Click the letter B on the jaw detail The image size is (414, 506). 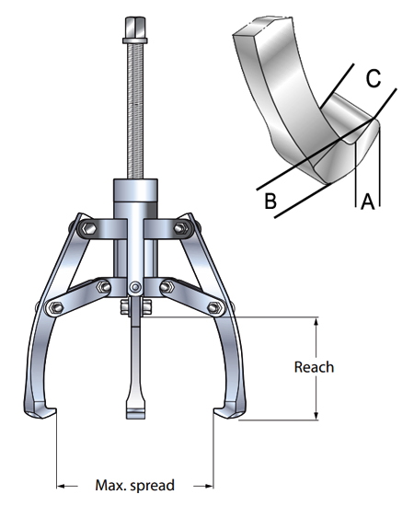[270, 201]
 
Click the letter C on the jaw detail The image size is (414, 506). [373, 79]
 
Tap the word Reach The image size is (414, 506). [314, 367]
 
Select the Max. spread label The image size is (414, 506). [134, 485]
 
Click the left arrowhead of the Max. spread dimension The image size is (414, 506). [62, 485]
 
